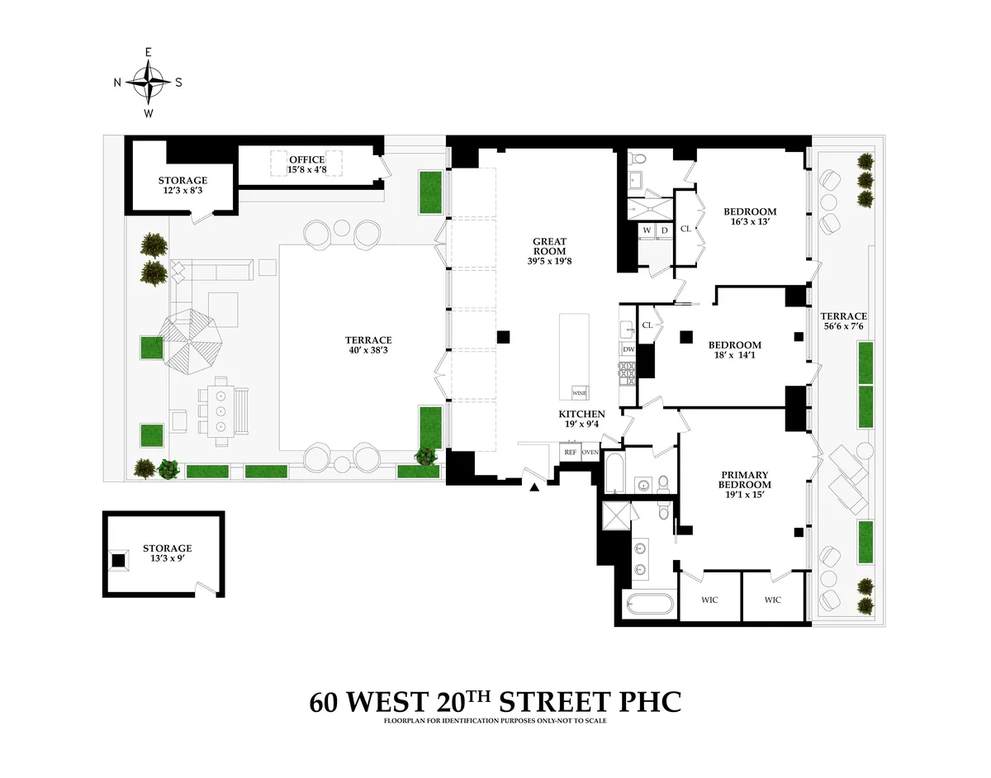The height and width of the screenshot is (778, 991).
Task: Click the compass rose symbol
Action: point(148,82)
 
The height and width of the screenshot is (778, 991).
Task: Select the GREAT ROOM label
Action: point(549,242)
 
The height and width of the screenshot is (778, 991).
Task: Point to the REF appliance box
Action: point(570,452)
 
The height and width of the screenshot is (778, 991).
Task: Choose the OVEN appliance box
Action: point(590,452)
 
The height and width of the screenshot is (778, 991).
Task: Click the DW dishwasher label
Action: point(628,350)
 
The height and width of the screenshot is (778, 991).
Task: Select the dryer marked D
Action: point(663,230)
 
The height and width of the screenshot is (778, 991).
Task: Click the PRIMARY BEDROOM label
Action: point(744,479)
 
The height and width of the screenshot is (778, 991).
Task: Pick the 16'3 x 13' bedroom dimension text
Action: point(749,223)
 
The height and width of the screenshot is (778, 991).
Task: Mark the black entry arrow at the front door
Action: point(534,488)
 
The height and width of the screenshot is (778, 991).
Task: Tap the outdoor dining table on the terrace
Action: point(220,410)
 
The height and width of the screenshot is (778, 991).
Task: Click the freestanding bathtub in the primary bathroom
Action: point(647,605)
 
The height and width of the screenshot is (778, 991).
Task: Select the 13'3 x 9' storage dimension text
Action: point(167,559)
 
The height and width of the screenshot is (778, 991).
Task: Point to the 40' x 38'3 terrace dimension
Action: point(367,351)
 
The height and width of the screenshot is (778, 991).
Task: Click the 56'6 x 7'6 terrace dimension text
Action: point(843,327)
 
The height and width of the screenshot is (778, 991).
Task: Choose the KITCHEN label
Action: point(581,414)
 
